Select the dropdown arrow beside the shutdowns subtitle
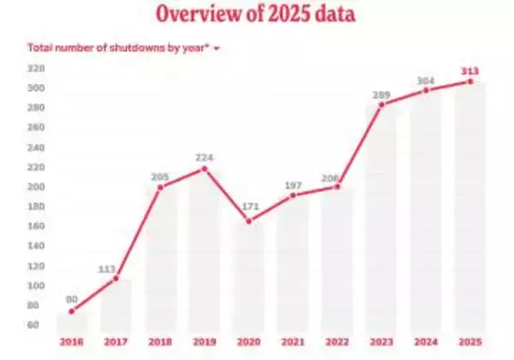[x=217, y=48]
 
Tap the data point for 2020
[x=248, y=221]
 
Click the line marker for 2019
[x=205, y=169]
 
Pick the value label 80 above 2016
[x=72, y=300]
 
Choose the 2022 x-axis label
[x=336, y=341]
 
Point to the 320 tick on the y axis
[x=35, y=68]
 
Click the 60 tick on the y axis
[x=35, y=325]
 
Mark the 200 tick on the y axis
[x=35, y=187]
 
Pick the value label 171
[x=248, y=208]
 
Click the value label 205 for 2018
[x=160, y=177]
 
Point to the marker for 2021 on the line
[x=292, y=195]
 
